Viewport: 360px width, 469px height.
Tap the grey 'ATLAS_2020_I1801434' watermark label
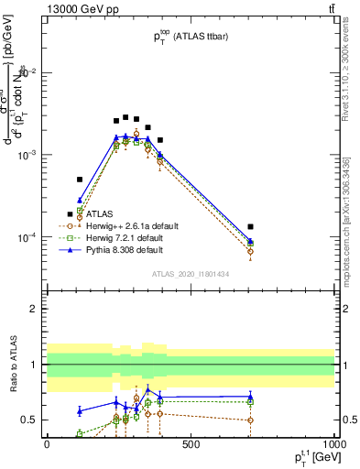coord(190,274)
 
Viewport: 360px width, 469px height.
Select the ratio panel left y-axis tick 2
coord(35,310)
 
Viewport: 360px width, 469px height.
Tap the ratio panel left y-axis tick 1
coord(35,365)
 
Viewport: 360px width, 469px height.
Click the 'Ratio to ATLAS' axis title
coord(14,365)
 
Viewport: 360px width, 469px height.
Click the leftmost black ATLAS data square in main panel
coord(80,180)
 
